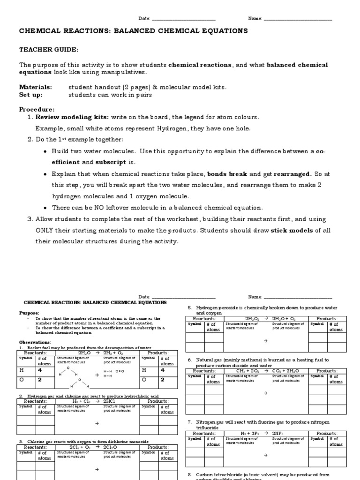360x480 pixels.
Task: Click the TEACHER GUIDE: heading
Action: click(x=48, y=49)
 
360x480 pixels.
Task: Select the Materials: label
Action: click(x=35, y=87)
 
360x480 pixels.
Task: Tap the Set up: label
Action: click(x=30, y=95)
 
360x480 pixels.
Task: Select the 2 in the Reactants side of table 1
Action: click(x=40, y=380)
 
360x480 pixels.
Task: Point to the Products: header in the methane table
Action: click(x=327, y=370)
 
